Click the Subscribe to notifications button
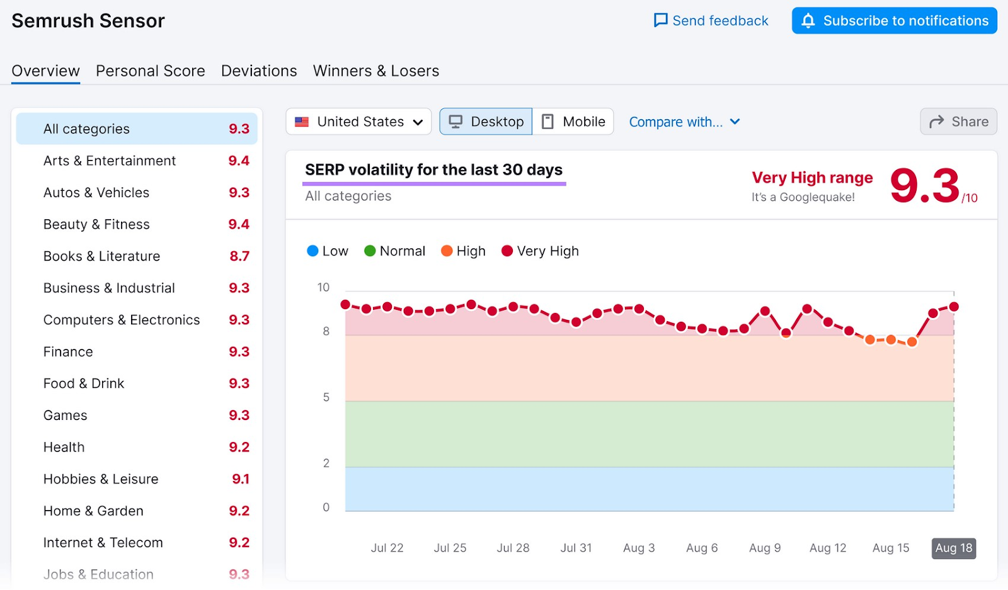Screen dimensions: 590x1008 point(894,21)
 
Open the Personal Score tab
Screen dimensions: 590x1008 point(150,71)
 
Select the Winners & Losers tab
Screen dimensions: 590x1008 point(375,71)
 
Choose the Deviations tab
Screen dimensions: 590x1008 point(259,71)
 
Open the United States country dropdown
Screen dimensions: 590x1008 point(358,122)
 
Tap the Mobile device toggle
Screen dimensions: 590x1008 point(573,122)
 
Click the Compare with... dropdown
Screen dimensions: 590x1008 point(684,122)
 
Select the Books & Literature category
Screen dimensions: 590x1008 point(101,256)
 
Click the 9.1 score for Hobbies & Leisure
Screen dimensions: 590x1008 point(240,479)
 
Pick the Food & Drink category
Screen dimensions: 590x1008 point(84,383)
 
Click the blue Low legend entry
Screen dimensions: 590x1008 point(327,251)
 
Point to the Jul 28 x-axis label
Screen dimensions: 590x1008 point(513,548)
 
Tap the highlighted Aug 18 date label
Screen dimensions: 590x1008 point(953,548)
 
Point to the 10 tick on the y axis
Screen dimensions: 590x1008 point(323,288)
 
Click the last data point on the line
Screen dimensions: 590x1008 point(953,307)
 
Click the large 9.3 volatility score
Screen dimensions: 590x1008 point(924,186)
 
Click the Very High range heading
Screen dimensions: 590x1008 point(811,178)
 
